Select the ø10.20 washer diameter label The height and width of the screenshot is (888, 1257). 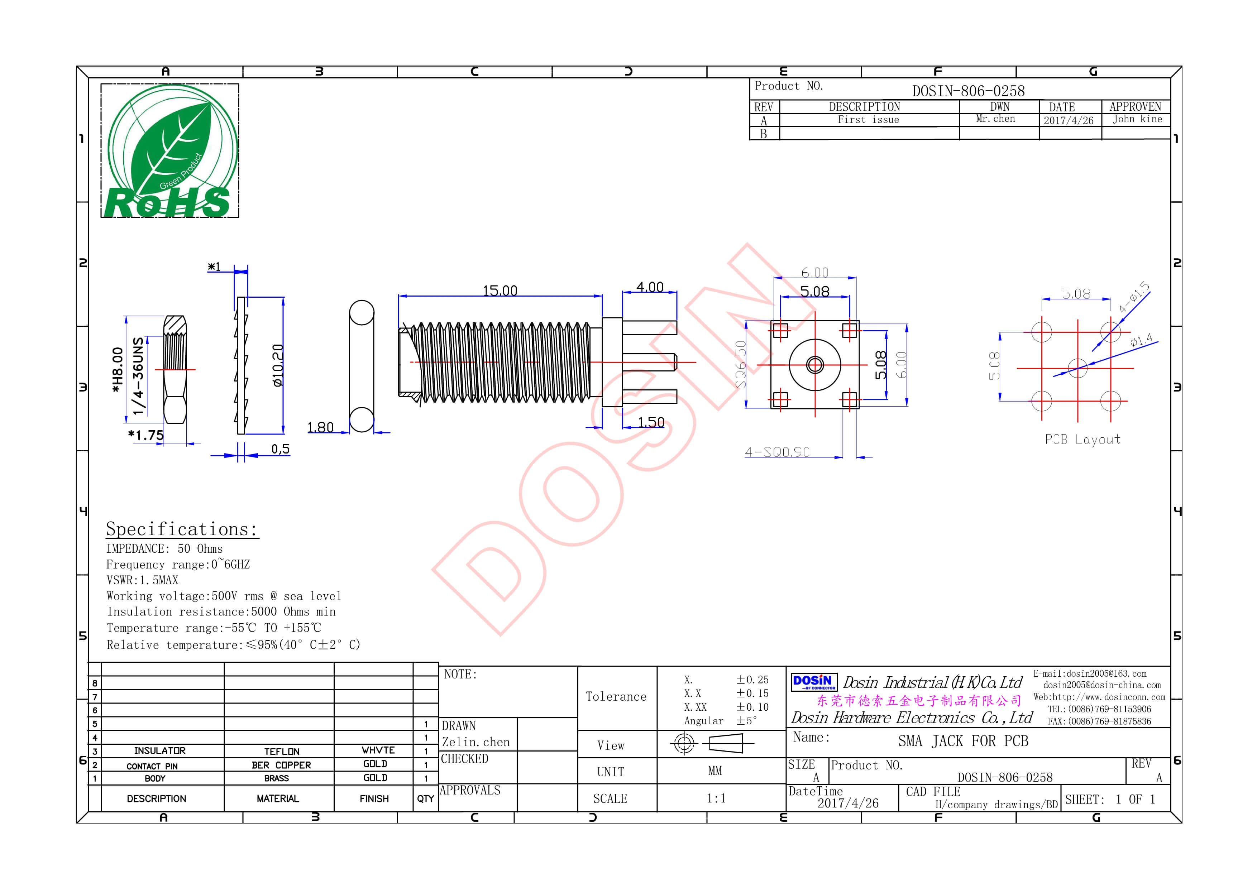[x=278, y=365]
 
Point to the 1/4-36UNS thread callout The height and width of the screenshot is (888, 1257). [x=139, y=375]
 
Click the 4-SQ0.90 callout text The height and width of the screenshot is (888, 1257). [x=777, y=452]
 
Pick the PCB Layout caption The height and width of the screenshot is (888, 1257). [x=1082, y=440]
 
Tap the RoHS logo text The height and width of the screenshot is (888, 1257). [x=167, y=202]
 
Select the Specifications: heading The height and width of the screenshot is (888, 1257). [x=181, y=529]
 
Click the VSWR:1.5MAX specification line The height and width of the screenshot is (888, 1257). [x=142, y=580]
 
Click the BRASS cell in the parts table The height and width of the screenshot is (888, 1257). [x=277, y=778]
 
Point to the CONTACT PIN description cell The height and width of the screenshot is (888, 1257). [x=152, y=766]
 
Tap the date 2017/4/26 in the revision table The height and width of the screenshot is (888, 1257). [x=1068, y=120]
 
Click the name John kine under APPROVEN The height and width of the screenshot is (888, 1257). [x=1137, y=119]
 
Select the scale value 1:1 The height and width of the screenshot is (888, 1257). [x=716, y=798]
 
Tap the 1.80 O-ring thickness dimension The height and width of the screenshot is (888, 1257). [x=320, y=427]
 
